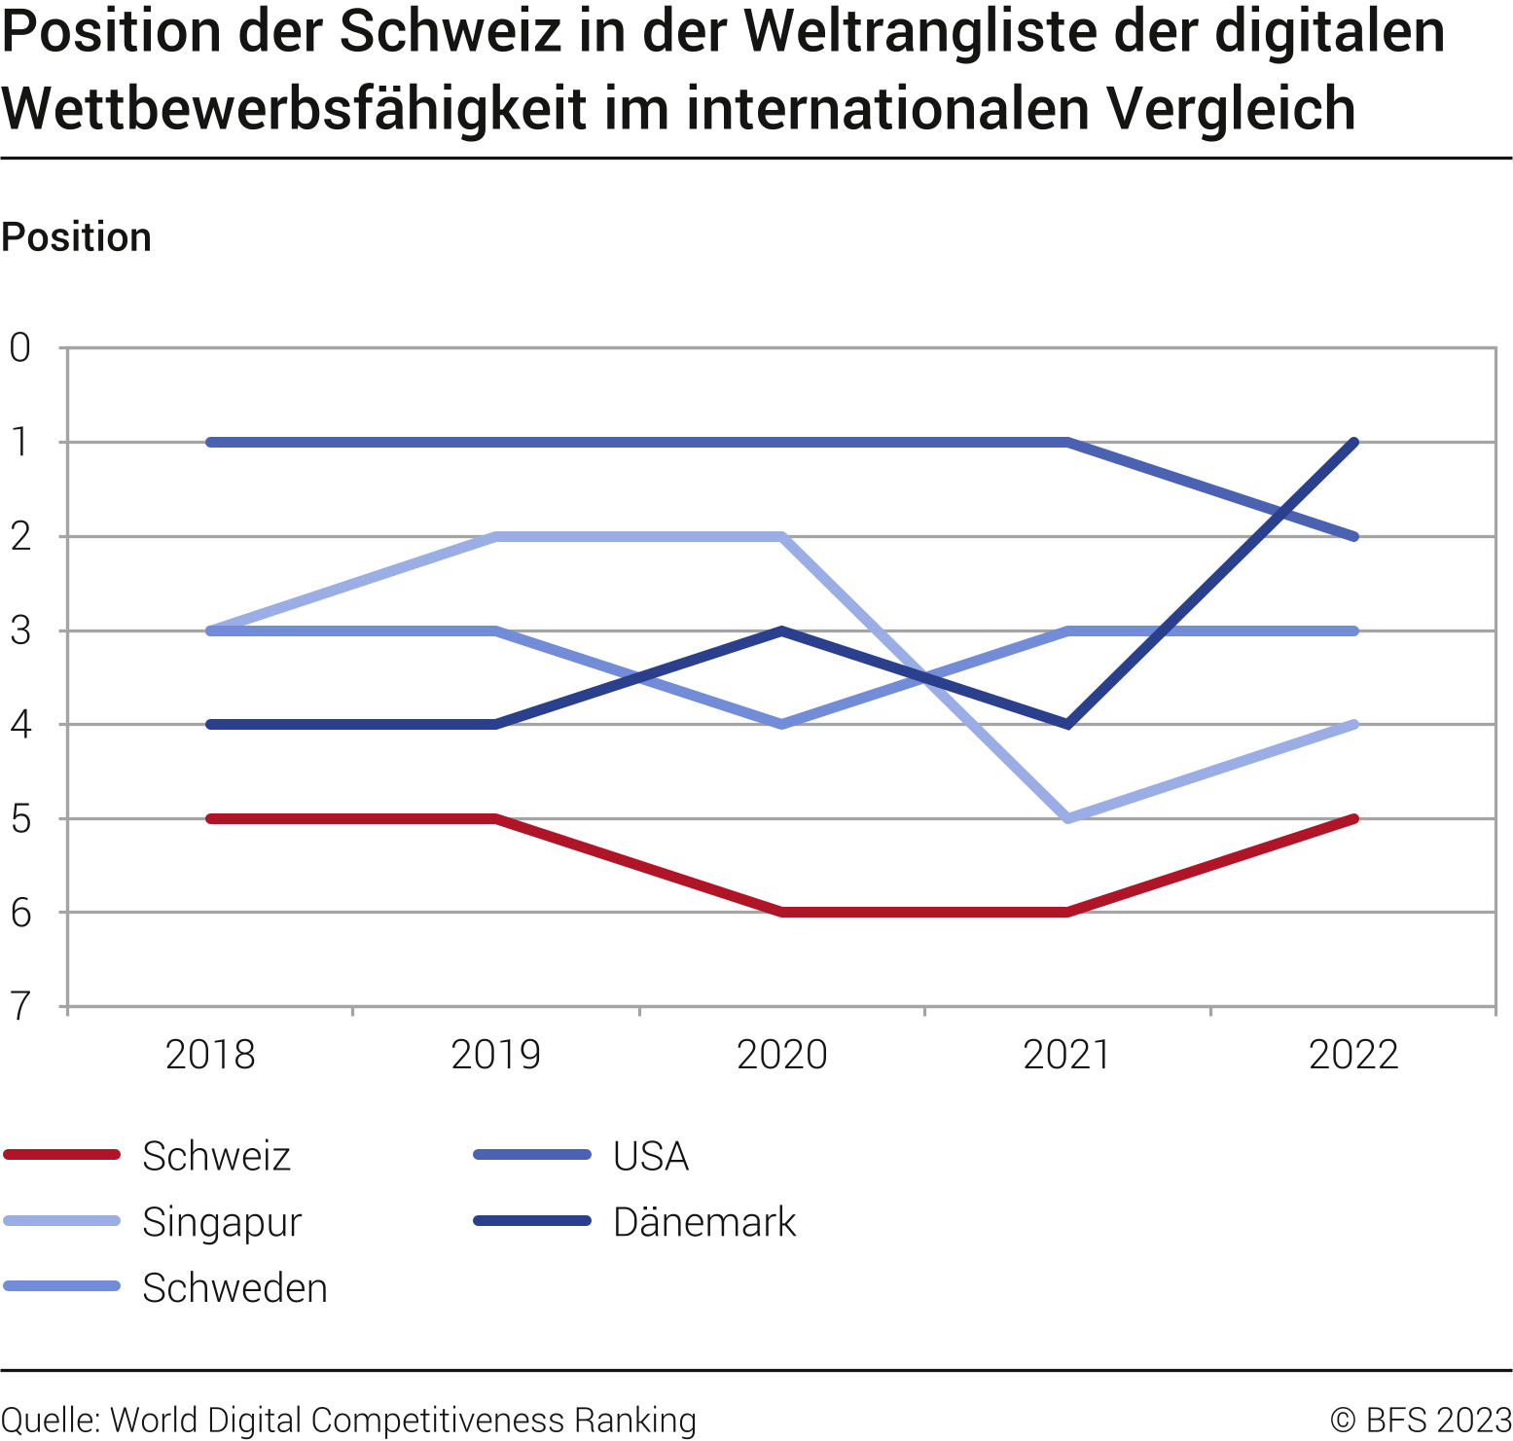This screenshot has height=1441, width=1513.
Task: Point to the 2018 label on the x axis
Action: [x=210, y=1055]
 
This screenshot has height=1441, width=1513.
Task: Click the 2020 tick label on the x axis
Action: [x=781, y=1055]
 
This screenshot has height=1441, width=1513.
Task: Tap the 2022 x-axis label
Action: [x=1353, y=1055]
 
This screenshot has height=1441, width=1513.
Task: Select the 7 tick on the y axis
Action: [x=20, y=1007]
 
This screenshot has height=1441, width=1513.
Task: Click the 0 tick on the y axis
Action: [x=20, y=347]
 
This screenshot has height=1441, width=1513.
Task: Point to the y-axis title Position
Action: [x=77, y=237]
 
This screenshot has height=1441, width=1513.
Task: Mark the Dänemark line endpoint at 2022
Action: [x=1353, y=443]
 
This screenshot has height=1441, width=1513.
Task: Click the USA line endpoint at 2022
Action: [x=1353, y=536]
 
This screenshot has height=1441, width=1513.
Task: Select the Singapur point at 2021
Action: [x=1068, y=818]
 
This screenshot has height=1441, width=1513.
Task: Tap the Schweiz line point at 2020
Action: [x=782, y=912]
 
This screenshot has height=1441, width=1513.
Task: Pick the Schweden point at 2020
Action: [x=782, y=724]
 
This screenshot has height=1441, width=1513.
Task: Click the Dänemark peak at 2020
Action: [x=782, y=630]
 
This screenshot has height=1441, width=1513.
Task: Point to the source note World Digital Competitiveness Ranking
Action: [x=403, y=1420]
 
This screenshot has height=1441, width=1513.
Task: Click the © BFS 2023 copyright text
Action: [x=1420, y=1420]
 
